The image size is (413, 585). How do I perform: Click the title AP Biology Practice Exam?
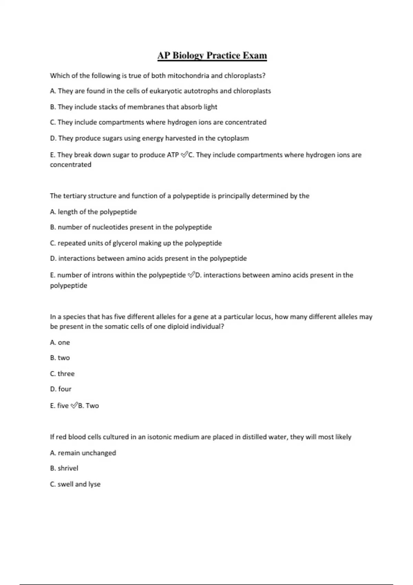tap(212, 55)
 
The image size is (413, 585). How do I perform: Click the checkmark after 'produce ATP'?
tap(184, 155)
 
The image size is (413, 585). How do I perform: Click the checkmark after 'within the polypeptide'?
tap(191, 275)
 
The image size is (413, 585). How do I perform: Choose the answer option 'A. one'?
tap(60, 342)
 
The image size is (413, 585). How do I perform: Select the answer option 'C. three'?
tap(62, 374)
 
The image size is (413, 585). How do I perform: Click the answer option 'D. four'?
tap(61, 389)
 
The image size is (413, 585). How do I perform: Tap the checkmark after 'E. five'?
tap(74, 406)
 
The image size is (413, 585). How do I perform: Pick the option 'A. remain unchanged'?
tap(83, 453)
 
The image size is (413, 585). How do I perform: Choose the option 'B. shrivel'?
tap(64, 468)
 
